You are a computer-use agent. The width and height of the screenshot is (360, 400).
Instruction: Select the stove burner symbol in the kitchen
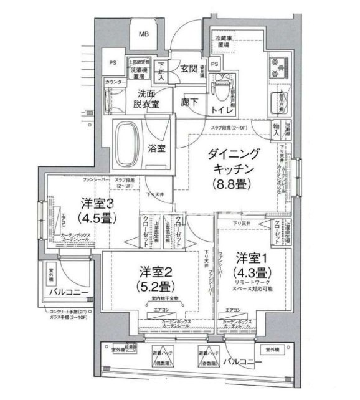pyautogui.click(x=277, y=67)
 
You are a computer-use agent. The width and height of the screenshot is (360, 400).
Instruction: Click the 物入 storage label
pyautogui.click(x=275, y=128)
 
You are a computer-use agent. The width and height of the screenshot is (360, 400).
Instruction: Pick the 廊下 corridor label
pyautogui.click(x=189, y=101)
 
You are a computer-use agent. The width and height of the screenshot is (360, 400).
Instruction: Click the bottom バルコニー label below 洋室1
pyautogui.click(x=239, y=361)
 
